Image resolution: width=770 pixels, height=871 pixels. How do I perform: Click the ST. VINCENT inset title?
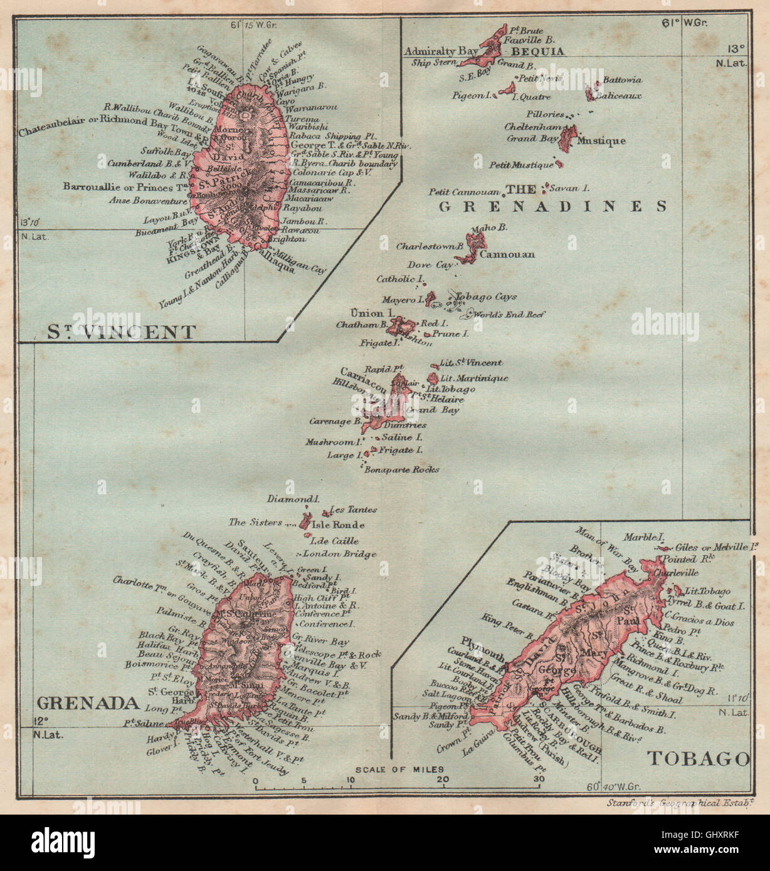click(x=122, y=331)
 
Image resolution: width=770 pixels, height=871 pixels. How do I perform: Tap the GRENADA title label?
click(x=87, y=702)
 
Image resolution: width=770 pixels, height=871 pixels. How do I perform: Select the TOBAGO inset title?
click(x=698, y=759)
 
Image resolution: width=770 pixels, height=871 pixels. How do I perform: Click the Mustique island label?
click(x=601, y=140)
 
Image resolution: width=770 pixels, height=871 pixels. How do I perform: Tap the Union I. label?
click(x=372, y=312)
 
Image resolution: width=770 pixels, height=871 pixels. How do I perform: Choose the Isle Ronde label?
click(x=338, y=525)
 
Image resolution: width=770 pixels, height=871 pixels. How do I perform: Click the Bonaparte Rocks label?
click(x=402, y=469)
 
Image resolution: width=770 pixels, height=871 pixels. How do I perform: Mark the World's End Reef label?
click(x=510, y=315)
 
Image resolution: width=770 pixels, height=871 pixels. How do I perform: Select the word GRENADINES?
click(x=552, y=206)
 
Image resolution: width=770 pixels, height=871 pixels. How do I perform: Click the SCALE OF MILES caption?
click(x=399, y=769)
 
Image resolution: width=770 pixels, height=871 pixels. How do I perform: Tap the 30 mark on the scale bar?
click(x=537, y=780)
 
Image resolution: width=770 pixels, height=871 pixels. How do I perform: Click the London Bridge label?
click(x=340, y=554)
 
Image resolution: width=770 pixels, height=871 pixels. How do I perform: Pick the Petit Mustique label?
click(x=522, y=165)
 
